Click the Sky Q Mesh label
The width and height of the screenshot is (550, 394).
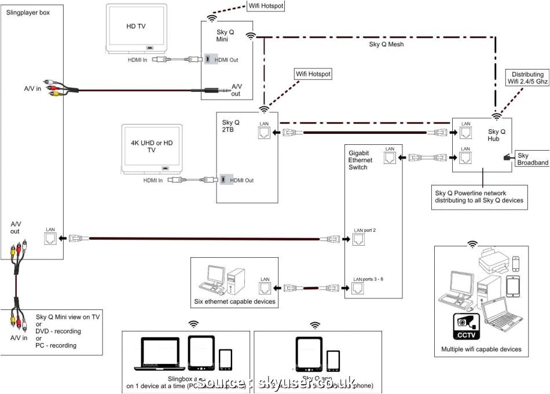click(x=386, y=44)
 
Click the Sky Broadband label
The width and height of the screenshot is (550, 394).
click(x=532, y=159)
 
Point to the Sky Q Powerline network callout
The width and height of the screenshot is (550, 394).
click(x=479, y=197)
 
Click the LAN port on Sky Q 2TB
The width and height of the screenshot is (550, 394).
click(x=264, y=133)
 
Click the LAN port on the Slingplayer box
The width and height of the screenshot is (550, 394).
click(x=50, y=238)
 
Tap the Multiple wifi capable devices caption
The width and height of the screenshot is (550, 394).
click(x=481, y=349)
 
